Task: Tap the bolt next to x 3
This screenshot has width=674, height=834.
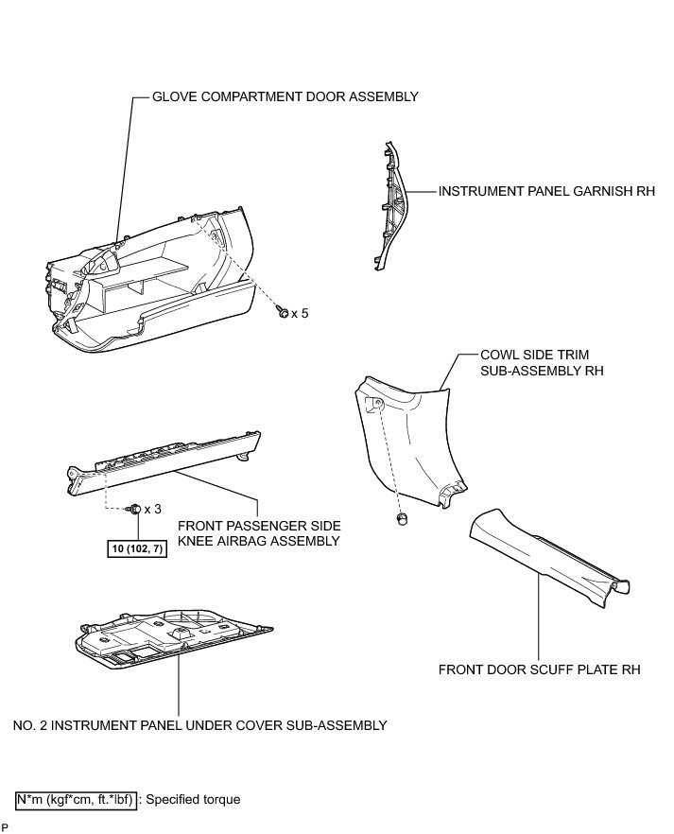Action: click(x=135, y=509)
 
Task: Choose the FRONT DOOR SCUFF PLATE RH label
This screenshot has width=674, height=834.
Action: click(x=540, y=669)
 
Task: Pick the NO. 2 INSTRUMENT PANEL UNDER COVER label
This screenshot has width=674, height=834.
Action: click(x=200, y=725)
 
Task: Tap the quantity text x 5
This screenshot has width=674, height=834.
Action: click(x=300, y=312)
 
